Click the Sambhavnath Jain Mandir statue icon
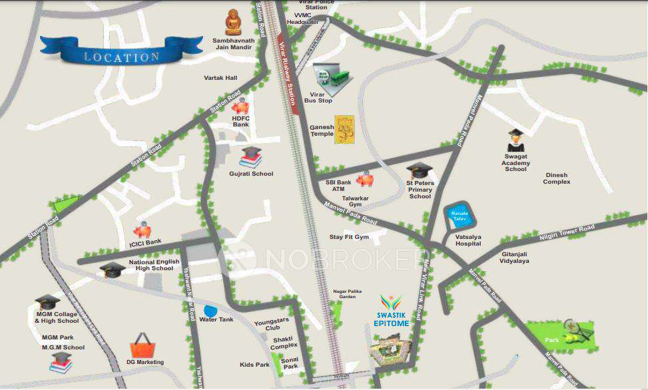(233, 23)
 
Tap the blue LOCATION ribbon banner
(121, 52)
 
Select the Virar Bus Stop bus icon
(332, 78)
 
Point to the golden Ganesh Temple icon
(344, 128)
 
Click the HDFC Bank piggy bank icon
(240, 106)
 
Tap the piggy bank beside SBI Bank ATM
(364, 180)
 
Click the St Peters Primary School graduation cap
(420, 171)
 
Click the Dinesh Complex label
(556, 178)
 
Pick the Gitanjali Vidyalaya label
(514, 257)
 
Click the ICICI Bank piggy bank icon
(142, 230)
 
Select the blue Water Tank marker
(210, 310)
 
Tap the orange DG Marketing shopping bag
(143, 345)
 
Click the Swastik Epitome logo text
(392, 319)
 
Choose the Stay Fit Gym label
(349, 237)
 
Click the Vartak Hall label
(220, 78)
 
